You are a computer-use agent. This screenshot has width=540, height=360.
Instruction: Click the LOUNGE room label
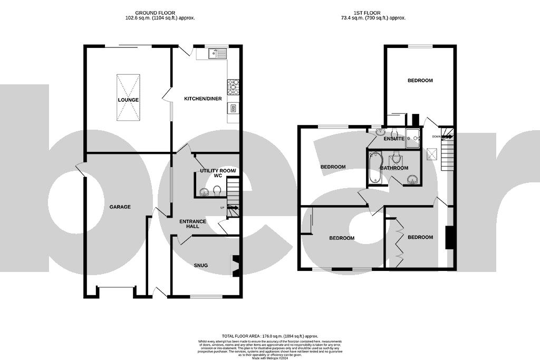(x=129, y=100)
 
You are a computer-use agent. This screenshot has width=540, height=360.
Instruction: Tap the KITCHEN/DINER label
(x=202, y=99)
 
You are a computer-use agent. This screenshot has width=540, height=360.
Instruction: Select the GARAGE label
(x=120, y=207)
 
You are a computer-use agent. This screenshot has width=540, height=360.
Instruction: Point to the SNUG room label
(x=200, y=265)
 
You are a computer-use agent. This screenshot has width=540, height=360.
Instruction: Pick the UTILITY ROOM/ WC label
(x=219, y=174)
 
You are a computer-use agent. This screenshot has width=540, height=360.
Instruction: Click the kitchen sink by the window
(x=216, y=53)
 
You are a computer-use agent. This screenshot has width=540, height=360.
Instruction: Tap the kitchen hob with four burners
(x=233, y=86)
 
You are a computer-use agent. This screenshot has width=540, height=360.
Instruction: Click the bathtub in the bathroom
(x=375, y=167)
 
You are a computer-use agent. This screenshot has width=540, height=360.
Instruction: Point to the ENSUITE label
(x=394, y=139)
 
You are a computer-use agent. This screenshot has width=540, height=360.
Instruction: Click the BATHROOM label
(x=394, y=168)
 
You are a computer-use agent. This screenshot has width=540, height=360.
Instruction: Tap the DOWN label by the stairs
(x=436, y=137)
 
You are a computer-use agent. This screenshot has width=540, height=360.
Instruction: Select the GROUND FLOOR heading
(x=155, y=13)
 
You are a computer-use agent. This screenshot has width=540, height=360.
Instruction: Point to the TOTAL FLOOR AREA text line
(x=270, y=336)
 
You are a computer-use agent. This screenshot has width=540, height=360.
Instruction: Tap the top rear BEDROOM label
(x=420, y=81)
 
